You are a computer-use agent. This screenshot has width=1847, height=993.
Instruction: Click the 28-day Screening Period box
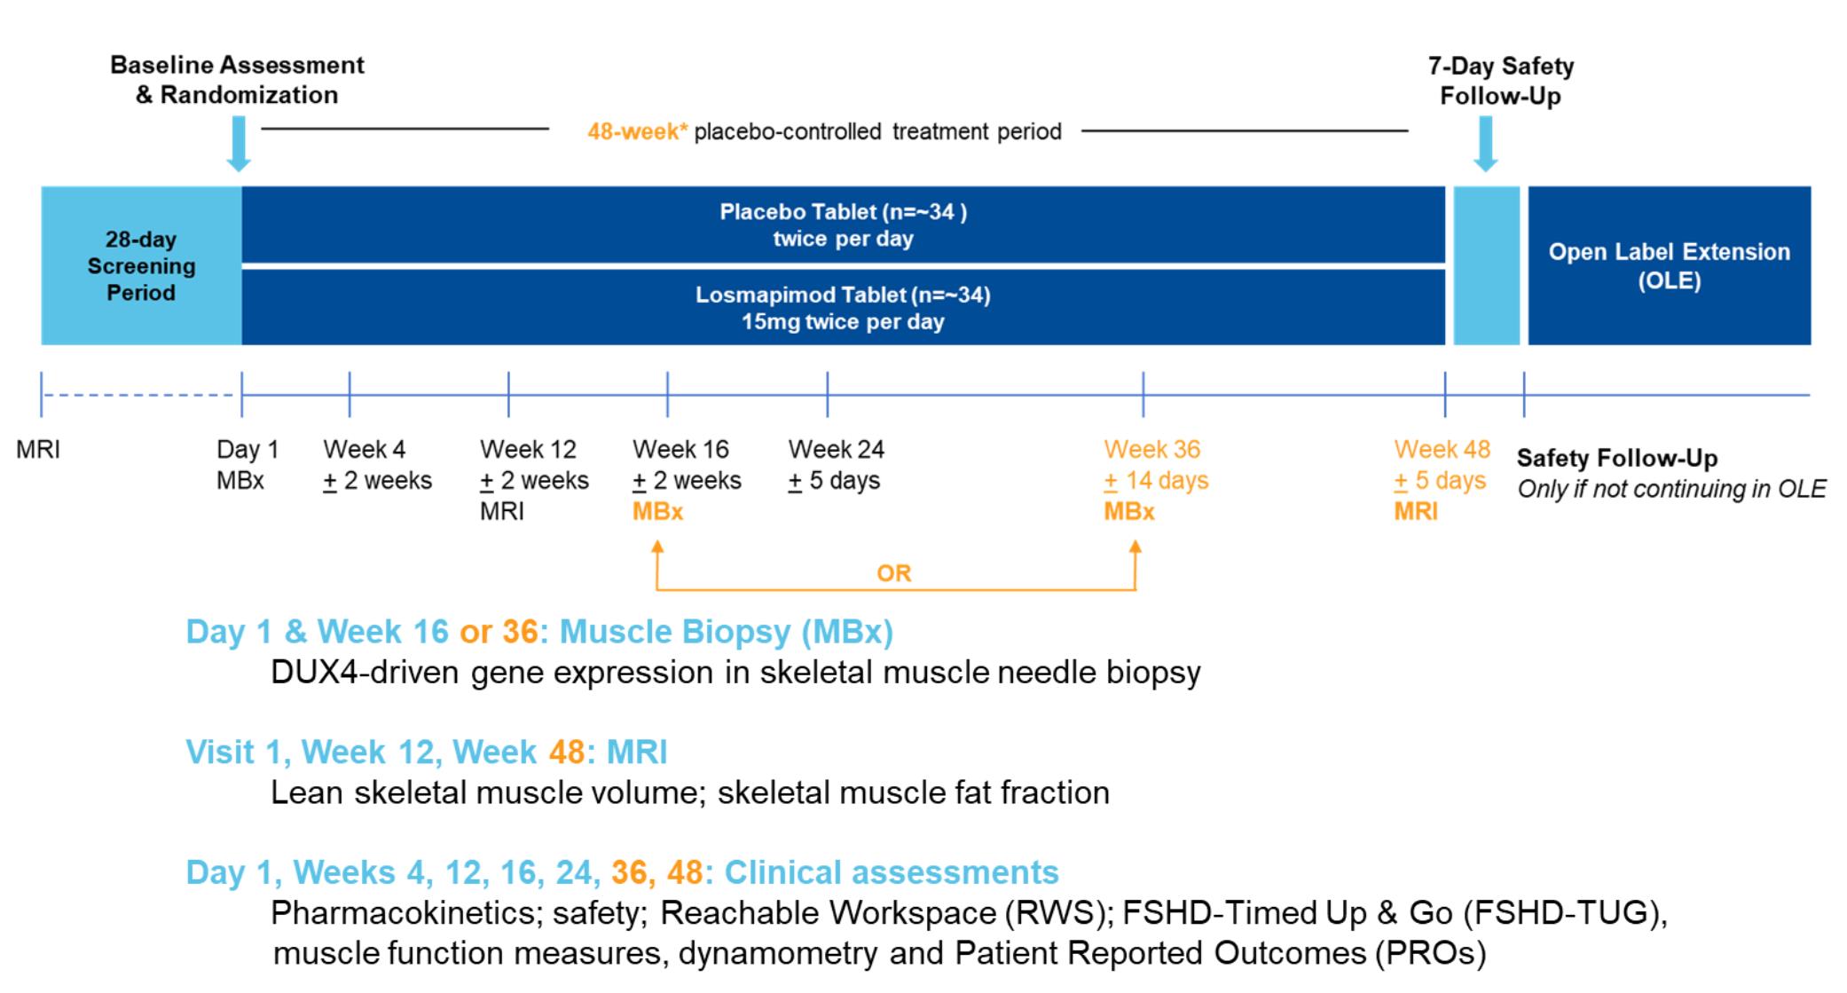pyautogui.click(x=141, y=265)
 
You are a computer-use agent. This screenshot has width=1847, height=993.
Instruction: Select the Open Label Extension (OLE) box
pyautogui.click(x=1669, y=265)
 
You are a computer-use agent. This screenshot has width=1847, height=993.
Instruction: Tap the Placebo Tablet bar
pyautogui.click(x=843, y=225)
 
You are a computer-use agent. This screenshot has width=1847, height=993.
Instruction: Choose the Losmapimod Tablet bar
pyautogui.click(x=843, y=308)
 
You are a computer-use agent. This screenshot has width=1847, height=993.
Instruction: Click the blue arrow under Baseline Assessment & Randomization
pyautogui.click(x=239, y=143)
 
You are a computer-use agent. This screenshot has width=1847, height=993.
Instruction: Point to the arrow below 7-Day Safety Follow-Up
pyautogui.click(x=1485, y=143)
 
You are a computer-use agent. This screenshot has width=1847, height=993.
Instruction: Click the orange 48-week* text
pyautogui.click(x=637, y=132)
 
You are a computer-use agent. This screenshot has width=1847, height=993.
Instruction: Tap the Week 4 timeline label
pyautogui.click(x=364, y=450)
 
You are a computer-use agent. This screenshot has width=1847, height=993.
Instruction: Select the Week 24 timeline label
pyautogui.click(x=836, y=450)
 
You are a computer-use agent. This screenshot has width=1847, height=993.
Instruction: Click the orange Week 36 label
pyautogui.click(x=1151, y=450)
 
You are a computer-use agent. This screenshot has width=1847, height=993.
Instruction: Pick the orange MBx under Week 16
pyautogui.click(x=657, y=512)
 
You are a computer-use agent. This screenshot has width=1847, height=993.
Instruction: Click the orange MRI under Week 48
pyautogui.click(x=1415, y=512)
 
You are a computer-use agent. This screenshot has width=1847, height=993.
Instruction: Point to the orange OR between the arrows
pyautogui.click(x=893, y=573)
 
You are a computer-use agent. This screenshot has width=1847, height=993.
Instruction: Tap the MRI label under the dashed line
pyautogui.click(x=38, y=450)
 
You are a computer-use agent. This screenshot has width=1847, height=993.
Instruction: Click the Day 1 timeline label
pyautogui.click(x=248, y=450)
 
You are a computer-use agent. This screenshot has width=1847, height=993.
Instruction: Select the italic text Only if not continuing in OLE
pyautogui.click(x=1671, y=489)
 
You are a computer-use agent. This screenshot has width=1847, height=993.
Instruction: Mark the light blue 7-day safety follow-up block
pyautogui.click(x=1486, y=265)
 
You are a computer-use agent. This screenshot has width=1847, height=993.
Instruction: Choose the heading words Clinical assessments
pyautogui.click(x=892, y=872)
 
